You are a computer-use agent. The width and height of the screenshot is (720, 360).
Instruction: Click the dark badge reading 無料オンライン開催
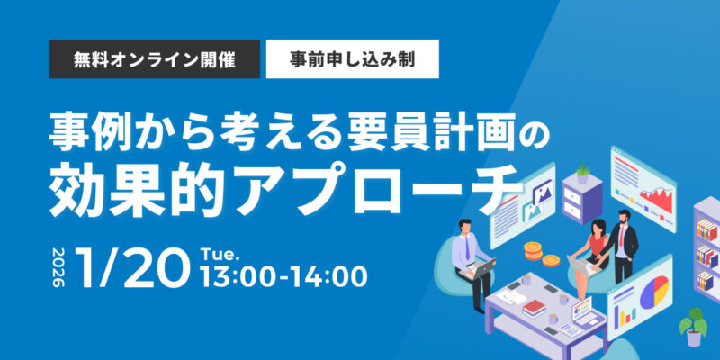coord(154,58)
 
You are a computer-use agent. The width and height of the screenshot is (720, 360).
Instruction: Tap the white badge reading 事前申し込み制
coord(352,58)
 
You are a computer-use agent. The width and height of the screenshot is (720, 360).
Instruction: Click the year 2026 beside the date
coord(58,266)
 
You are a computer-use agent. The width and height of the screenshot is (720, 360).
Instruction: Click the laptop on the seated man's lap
coord(481,267)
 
